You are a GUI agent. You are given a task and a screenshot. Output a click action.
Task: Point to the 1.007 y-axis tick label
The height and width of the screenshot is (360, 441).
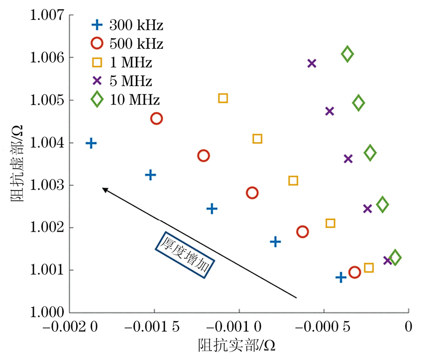click(47, 15)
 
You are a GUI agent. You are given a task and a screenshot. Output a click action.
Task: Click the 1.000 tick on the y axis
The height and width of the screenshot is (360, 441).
click(47, 313)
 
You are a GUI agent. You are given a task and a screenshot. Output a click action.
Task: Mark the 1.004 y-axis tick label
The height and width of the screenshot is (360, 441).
click(47, 143)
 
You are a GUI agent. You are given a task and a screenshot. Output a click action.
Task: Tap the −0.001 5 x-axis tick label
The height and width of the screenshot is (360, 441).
click(154, 327)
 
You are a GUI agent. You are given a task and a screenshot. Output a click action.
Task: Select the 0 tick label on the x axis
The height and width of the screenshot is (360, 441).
click(408, 327)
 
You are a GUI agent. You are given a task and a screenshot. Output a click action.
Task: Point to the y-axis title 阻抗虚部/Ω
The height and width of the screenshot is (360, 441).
click(16, 164)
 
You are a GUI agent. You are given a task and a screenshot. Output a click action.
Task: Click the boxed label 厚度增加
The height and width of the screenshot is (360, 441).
click(185, 255)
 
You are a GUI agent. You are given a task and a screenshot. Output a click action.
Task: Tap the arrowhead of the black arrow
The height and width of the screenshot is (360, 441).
click(103, 188)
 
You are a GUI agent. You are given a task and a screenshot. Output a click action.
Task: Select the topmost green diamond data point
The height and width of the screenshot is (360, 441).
click(347, 54)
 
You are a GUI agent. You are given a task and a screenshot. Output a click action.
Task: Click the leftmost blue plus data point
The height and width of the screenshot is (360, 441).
click(91, 143)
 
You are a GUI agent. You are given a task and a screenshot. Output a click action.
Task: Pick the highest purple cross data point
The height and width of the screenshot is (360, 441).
click(312, 63)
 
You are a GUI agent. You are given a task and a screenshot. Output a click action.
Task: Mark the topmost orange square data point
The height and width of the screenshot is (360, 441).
click(223, 98)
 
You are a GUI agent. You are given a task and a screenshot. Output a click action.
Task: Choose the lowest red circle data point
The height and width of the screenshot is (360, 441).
click(354, 272)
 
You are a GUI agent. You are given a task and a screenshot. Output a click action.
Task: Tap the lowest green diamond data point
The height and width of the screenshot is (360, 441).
click(395, 258)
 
